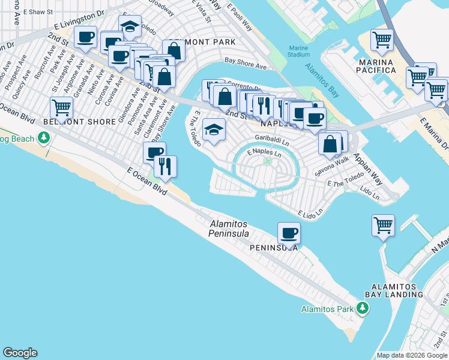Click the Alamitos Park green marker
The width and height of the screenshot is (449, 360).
click(362, 308)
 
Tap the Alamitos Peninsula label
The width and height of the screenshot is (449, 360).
click(229, 228)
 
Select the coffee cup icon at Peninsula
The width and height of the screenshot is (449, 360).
click(289, 233)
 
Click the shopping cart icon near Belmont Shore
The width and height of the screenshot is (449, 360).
click(61, 108)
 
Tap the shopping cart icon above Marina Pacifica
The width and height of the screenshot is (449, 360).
click(382, 40)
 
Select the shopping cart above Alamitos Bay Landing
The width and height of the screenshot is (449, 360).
click(383, 226)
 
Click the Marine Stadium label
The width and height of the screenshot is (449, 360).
click(298, 51)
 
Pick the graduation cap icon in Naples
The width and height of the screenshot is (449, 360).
click(213, 130)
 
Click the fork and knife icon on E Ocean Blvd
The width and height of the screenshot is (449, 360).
click(165, 166)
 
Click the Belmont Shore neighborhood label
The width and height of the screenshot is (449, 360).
click(80, 122)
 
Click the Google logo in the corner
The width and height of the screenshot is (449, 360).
click(20, 353)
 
